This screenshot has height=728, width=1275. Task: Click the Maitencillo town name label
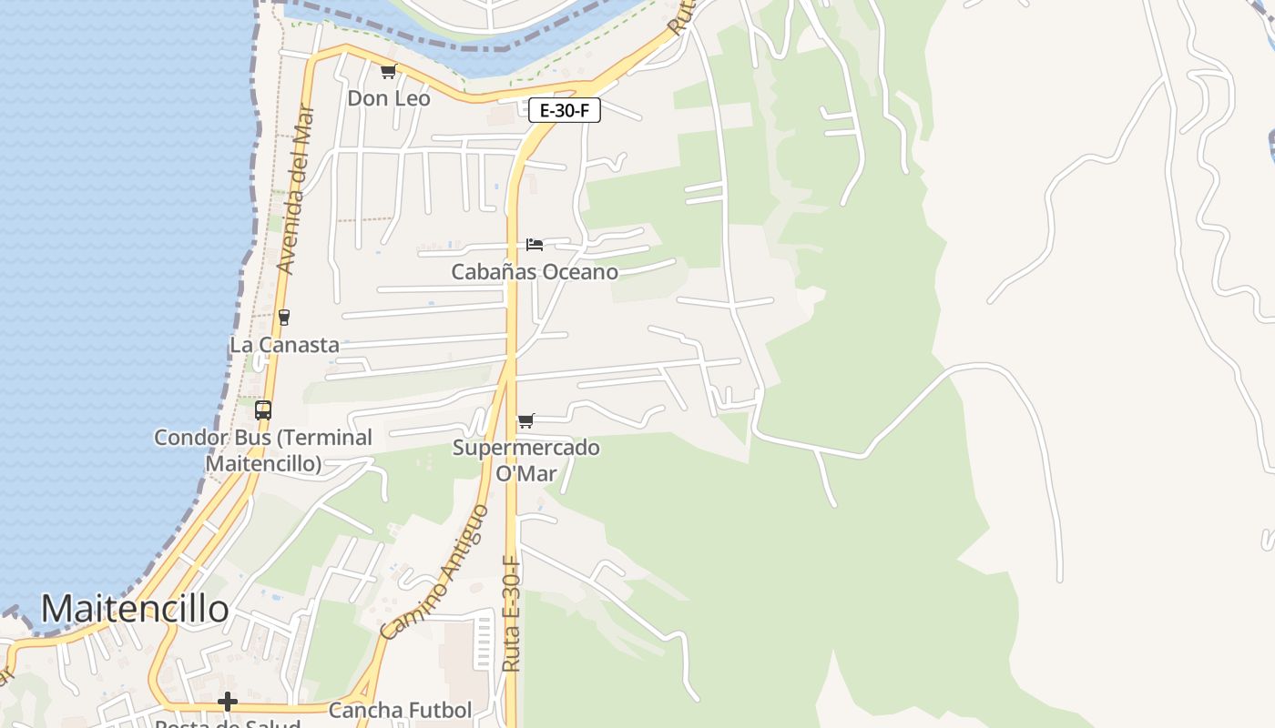tap(135, 609)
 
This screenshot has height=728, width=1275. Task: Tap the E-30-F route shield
tap(564, 111)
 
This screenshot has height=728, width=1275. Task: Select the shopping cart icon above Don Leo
tap(388, 72)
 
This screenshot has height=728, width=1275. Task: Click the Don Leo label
tap(389, 98)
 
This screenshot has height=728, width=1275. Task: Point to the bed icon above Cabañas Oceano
tap(535, 245)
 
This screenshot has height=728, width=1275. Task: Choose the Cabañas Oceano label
tap(535, 272)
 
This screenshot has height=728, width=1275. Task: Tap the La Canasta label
tap(284, 345)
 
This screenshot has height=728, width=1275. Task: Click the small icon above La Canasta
tap(284, 318)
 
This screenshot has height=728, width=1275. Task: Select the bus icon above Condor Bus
tap(263, 410)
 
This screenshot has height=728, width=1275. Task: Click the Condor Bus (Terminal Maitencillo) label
tap(263, 450)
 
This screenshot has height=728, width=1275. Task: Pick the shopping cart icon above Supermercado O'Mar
tap(525, 421)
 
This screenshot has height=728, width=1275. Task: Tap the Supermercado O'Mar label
tap(526, 460)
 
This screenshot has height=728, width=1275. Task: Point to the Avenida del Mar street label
tap(297, 190)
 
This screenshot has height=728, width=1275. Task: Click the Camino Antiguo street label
tap(434, 573)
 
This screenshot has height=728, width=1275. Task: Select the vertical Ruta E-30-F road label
tap(511, 614)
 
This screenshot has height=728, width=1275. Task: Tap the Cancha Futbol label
tap(400, 710)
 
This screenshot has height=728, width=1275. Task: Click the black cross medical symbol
tap(228, 702)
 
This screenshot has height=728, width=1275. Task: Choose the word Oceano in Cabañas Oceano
tap(578, 272)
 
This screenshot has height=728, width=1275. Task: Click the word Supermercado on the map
tap(526, 448)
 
